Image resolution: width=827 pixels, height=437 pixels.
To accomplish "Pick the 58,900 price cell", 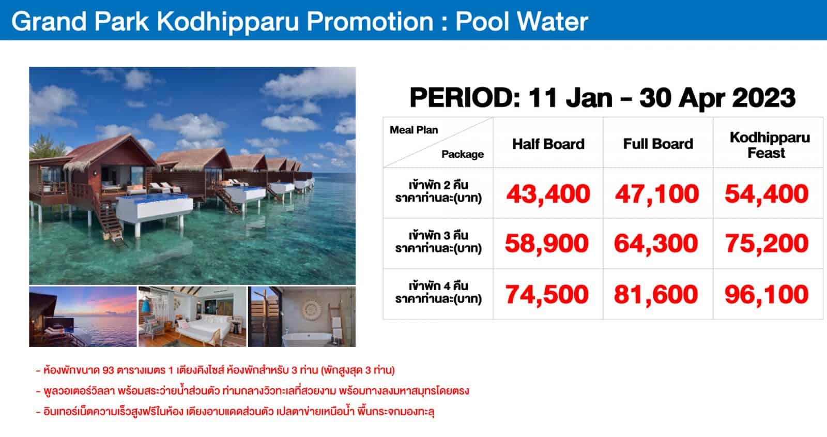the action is (x=546, y=244).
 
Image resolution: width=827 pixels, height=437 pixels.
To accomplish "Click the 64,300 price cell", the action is (x=656, y=244).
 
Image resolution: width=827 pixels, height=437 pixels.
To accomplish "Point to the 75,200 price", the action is (x=767, y=244).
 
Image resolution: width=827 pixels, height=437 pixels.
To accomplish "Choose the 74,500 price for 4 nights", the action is (x=546, y=294).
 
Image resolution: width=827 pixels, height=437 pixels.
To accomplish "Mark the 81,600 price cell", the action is (x=656, y=294).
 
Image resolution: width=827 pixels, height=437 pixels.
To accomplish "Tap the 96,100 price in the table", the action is (x=767, y=294).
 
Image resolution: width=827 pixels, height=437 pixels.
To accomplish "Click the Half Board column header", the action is (x=548, y=144).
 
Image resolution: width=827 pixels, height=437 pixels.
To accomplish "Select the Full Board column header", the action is (x=658, y=144).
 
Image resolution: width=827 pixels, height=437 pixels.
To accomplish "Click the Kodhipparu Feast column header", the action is (x=770, y=145).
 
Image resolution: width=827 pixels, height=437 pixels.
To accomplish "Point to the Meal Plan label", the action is (x=413, y=130).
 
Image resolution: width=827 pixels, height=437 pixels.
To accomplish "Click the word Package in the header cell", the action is (x=462, y=154).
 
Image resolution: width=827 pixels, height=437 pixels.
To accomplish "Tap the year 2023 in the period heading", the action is (x=763, y=98).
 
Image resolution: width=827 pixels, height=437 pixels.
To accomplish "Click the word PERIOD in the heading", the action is (x=465, y=98).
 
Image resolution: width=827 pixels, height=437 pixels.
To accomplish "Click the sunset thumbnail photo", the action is (x=83, y=317).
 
